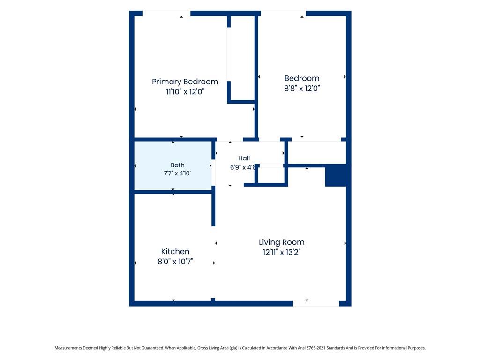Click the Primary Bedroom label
pyautogui.click(x=185, y=82)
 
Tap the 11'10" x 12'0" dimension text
pyautogui.click(x=185, y=91)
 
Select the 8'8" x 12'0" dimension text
pyautogui.click(x=302, y=89)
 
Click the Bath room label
pyautogui.click(x=178, y=165)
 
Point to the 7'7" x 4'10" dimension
pyautogui.click(x=178, y=173)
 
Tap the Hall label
pyautogui.click(x=244, y=158)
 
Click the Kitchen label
pyautogui.click(x=175, y=252)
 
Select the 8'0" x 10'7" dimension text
pyautogui.click(x=175, y=262)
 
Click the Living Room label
pyautogui.click(x=282, y=242)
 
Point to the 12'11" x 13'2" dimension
pyautogui.click(x=282, y=252)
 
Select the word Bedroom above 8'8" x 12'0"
pyautogui.click(x=302, y=78)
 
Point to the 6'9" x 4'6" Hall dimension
pyautogui.click(x=243, y=167)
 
